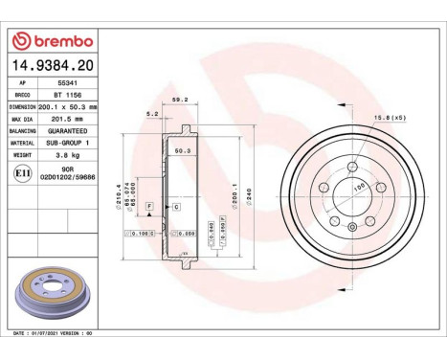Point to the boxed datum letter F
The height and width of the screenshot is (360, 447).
pos(148,206)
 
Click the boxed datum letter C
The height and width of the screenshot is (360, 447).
pos(176,206)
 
